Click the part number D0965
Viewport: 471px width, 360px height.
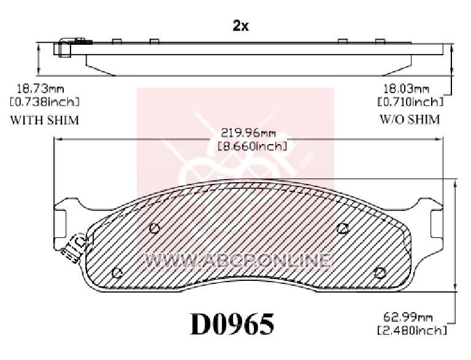tap(232, 324)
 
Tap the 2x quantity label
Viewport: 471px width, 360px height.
tap(240, 26)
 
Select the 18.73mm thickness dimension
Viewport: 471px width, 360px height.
tap(40, 89)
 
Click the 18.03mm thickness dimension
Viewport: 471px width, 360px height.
tap(406, 89)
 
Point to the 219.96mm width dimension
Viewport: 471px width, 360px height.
tap(248, 132)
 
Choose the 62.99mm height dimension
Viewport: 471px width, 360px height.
tap(408, 317)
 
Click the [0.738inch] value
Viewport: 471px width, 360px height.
tap(44, 102)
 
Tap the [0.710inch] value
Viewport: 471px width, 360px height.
tap(410, 102)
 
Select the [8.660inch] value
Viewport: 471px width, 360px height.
tap(252, 147)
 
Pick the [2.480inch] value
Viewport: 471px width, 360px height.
tap(412, 330)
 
